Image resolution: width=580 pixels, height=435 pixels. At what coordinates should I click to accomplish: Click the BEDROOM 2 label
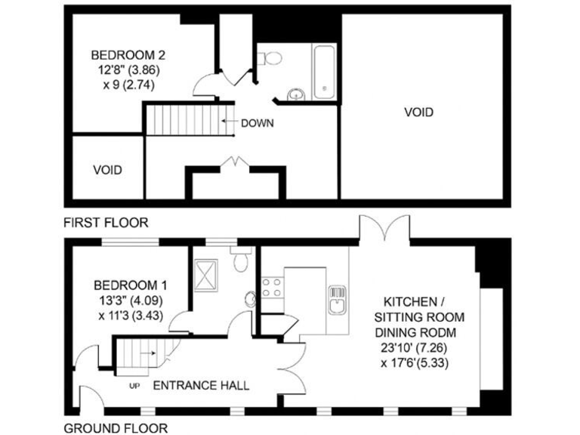(128, 55)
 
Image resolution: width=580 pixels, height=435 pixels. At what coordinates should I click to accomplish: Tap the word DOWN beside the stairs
(257, 123)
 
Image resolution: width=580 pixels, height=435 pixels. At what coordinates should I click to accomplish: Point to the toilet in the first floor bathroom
(273, 57)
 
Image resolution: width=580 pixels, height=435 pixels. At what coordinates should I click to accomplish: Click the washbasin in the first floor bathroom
(295, 94)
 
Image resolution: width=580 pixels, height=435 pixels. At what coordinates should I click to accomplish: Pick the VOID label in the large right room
(419, 113)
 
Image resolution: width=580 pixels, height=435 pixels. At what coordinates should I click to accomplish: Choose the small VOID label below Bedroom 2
(107, 170)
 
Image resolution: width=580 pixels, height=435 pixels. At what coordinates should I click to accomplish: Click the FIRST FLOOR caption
(106, 223)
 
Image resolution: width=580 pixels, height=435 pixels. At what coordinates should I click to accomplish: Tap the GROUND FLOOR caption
(116, 428)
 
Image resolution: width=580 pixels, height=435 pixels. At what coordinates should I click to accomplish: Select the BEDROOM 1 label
(129, 285)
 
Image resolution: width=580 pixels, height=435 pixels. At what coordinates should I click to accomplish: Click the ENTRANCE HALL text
(201, 385)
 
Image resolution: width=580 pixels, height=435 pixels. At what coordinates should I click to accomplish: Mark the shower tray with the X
(206, 270)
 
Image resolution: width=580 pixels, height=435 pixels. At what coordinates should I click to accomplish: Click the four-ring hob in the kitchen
(271, 288)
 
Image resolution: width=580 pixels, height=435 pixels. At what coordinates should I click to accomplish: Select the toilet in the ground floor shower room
(241, 261)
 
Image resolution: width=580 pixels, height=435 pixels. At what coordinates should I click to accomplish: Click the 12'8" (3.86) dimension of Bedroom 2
(128, 69)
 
